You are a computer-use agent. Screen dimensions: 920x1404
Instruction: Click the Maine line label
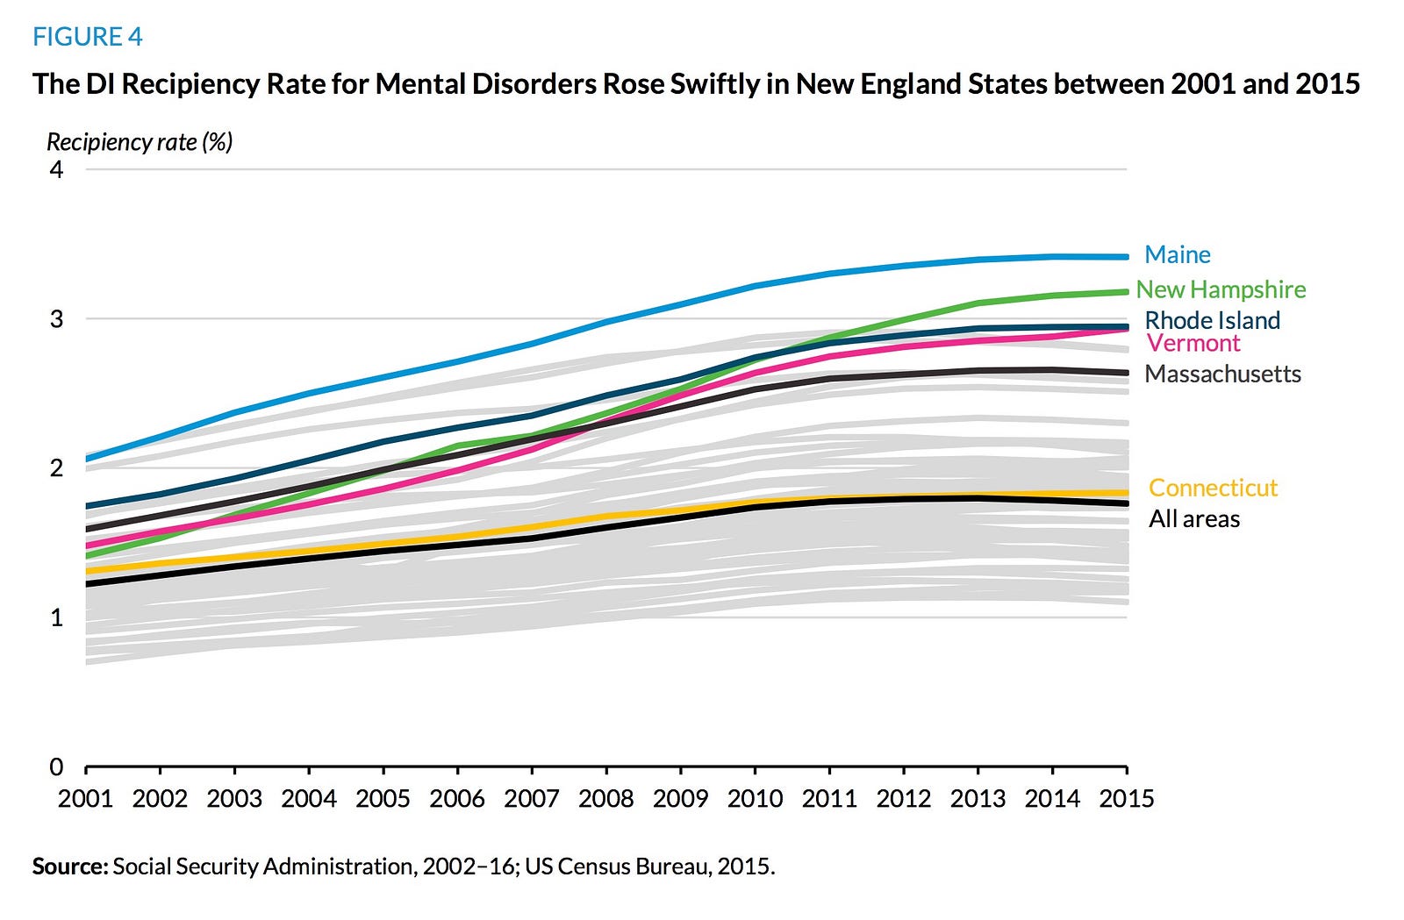(x=1177, y=255)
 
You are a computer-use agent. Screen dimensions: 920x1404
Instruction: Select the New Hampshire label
(x=1221, y=289)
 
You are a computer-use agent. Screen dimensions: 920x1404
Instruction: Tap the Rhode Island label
(x=1212, y=320)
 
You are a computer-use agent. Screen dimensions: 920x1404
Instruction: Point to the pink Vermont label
(x=1193, y=343)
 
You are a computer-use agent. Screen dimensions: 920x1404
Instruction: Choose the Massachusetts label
(x=1222, y=374)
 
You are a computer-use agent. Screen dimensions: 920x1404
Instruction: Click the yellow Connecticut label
(x=1213, y=488)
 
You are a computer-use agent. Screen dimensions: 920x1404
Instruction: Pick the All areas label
(x=1194, y=519)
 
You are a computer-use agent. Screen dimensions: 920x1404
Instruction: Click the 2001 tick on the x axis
(x=85, y=799)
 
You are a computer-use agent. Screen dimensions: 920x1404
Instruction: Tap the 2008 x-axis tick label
(x=605, y=799)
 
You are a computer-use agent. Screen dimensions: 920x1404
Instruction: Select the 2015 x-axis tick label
(x=1127, y=799)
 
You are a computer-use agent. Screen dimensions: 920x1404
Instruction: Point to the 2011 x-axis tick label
(x=829, y=799)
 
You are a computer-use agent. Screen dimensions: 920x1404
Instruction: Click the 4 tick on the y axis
(x=56, y=169)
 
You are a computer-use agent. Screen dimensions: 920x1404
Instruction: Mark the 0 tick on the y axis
(x=56, y=767)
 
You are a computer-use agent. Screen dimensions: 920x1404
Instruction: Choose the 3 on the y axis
(x=56, y=318)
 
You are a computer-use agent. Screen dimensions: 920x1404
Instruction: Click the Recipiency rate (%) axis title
(x=140, y=142)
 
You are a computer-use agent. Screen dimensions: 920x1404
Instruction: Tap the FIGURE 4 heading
(x=87, y=37)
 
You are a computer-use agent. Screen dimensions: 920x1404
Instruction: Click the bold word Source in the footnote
(x=68, y=867)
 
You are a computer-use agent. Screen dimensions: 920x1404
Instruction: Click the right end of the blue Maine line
(x=1125, y=257)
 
